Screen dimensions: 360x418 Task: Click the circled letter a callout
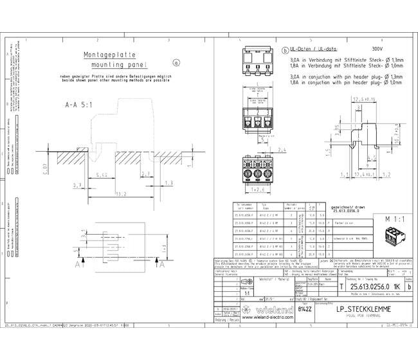click(x=177, y=62)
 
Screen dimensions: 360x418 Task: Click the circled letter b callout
click(x=285, y=50)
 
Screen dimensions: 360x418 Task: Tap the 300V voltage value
click(x=377, y=49)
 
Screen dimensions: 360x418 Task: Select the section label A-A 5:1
click(x=80, y=104)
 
